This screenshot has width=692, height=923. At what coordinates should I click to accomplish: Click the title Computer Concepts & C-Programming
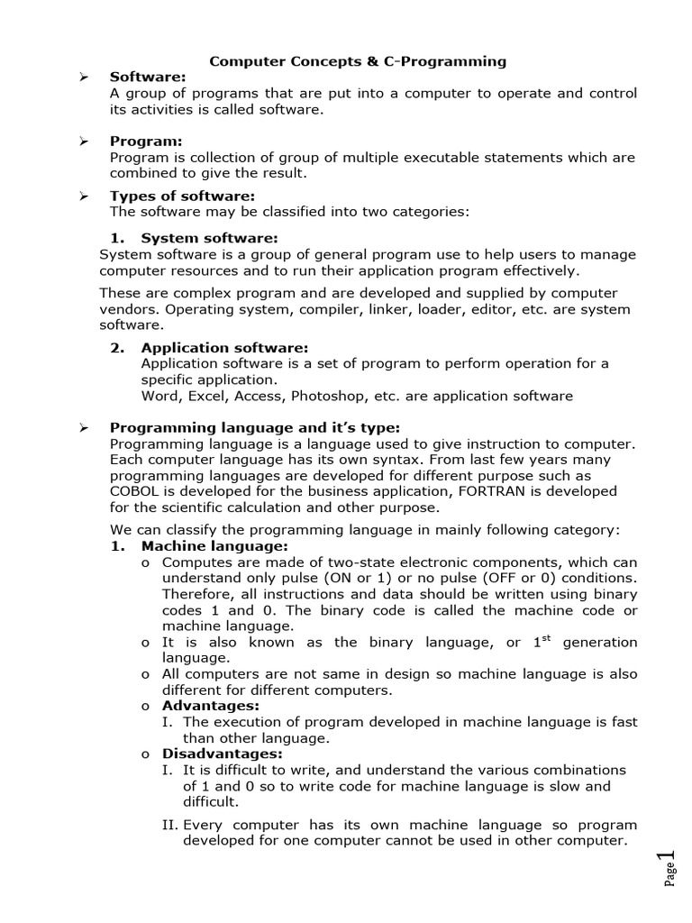point(358,61)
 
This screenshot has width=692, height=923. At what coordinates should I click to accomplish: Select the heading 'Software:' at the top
point(147,78)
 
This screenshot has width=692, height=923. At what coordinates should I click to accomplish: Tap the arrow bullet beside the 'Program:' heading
point(83,142)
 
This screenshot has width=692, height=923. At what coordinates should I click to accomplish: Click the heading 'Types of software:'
point(182,196)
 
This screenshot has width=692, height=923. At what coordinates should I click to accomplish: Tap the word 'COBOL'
point(135,491)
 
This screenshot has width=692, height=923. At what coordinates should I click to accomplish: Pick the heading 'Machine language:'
point(214,545)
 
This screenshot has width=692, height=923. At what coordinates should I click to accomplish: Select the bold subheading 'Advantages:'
point(210,706)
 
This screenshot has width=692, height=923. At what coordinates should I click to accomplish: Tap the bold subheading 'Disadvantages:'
point(222,754)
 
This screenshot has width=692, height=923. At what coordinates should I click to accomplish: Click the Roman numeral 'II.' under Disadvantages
point(169,825)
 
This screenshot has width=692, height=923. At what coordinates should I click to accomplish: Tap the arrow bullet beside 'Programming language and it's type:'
point(83,428)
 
